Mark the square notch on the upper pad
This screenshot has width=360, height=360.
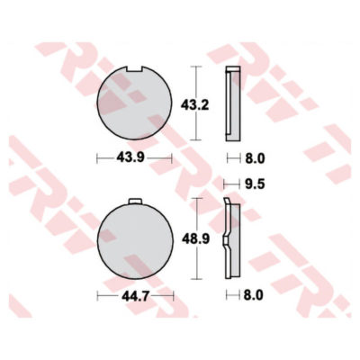(x=134, y=70)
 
